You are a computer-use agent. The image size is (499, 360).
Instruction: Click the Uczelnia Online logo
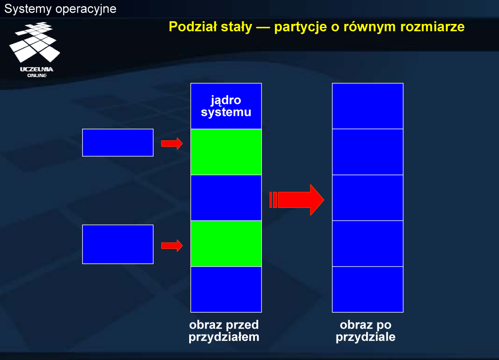pyautogui.click(x=35, y=49)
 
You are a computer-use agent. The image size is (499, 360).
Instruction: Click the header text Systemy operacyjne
pyautogui.click(x=60, y=9)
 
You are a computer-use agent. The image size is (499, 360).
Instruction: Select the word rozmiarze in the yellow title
pyautogui.click(x=432, y=27)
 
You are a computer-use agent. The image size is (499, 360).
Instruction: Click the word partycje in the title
pyautogui.click(x=300, y=27)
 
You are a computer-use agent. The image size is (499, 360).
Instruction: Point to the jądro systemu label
pyautogui.click(x=226, y=106)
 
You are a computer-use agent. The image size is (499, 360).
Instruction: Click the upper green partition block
pyautogui.click(x=226, y=152)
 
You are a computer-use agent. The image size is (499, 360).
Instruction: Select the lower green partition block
pyautogui.click(x=226, y=244)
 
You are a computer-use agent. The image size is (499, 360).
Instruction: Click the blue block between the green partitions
pyautogui.click(x=226, y=198)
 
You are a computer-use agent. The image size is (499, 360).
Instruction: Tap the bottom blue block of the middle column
pyautogui.click(x=226, y=289)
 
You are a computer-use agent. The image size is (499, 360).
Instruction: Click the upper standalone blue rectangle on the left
pyautogui.click(x=118, y=143)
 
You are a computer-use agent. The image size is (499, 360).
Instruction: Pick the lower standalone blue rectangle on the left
pyautogui.click(x=118, y=244)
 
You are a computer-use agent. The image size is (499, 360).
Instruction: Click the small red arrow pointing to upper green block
pyautogui.click(x=172, y=144)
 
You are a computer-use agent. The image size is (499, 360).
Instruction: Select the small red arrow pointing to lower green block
pyautogui.click(x=172, y=245)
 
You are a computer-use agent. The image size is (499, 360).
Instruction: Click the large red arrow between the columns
pyautogui.click(x=297, y=200)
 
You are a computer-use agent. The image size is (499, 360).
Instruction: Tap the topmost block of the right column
pyautogui.click(x=368, y=106)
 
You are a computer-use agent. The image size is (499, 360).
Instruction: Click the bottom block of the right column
pyautogui.click(x=368, y=289)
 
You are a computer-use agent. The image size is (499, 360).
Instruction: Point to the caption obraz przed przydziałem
pyautogui.click(x=224, y=331)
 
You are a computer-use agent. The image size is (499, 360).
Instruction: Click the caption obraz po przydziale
pyautogui.click(x=365, y=331)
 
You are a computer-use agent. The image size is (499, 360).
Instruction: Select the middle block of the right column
pyautogui.click(x=368, y=198)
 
